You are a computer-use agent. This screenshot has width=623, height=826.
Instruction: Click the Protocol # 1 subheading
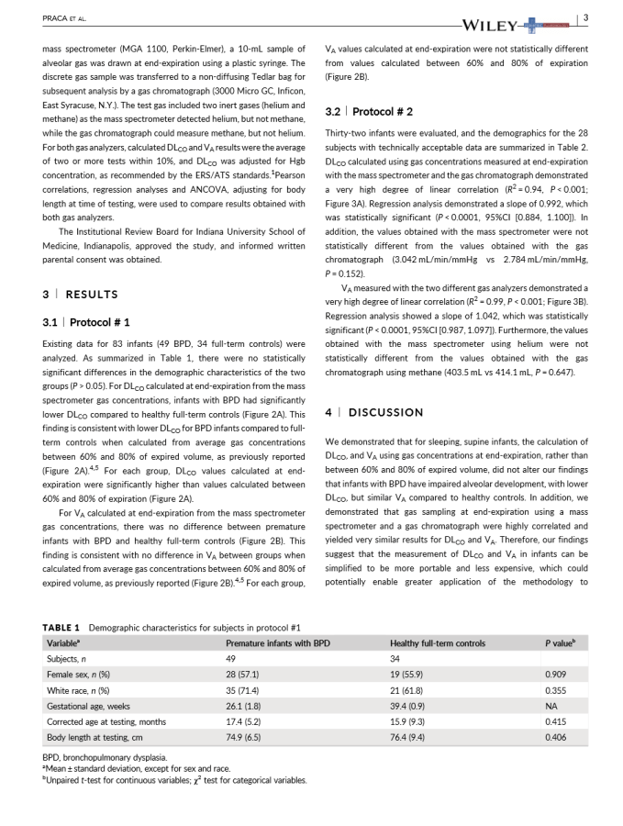tap(86, 322)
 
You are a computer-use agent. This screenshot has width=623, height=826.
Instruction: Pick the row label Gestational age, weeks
tap(89, 705)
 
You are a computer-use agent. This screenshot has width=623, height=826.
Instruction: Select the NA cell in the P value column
tap(550, 705)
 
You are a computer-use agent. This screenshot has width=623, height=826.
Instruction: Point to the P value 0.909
tap(553, 674)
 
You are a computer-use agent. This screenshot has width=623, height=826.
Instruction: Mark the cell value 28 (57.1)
tap(242, 674)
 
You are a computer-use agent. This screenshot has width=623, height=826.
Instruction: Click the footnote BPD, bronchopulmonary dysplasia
tap(99, 756)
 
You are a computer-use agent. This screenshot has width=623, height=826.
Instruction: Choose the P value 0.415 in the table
tap(553, 720)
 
